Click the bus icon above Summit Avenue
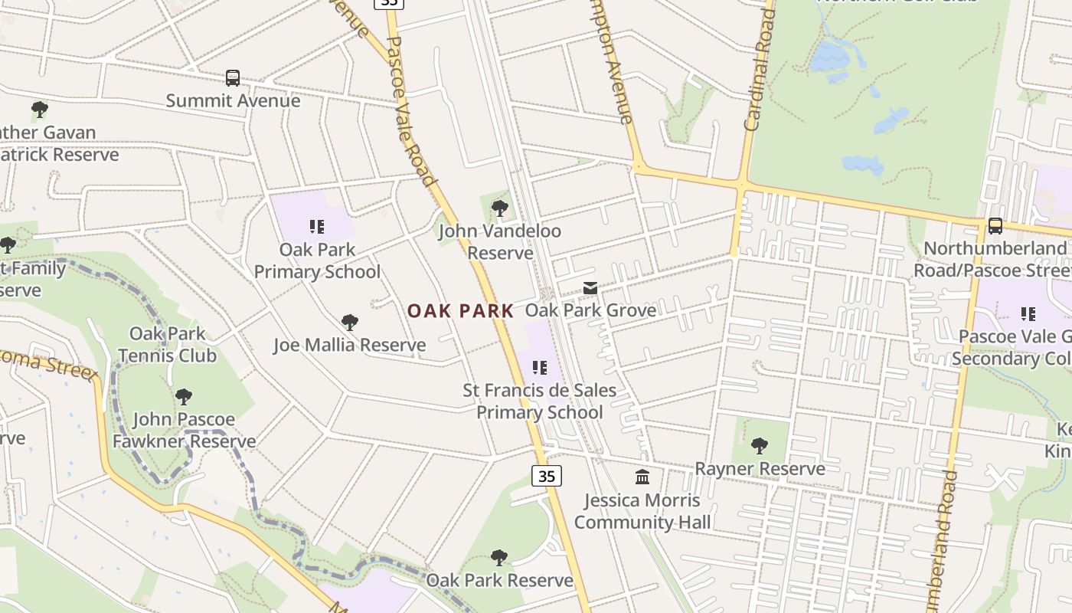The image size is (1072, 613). [233, 77]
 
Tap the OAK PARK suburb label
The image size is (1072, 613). [460, 311]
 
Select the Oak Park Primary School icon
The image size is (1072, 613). [317, 226]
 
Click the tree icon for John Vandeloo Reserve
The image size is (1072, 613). [500, 208]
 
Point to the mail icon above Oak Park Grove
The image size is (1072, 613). [590, 288]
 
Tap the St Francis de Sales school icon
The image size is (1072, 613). [540, 368]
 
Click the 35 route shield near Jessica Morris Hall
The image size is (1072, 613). [547, 476]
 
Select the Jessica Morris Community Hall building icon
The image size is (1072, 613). [642, 477]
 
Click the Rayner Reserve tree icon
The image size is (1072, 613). [760, 445]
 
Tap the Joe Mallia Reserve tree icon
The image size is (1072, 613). [350, 322]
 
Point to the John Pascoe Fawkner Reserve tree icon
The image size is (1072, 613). [183, 396]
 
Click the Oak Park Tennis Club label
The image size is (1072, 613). [167, 345]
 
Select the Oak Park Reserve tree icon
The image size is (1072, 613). [499, 557]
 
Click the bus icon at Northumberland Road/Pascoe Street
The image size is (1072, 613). [995, 225]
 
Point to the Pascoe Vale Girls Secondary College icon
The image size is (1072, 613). [1028, 313]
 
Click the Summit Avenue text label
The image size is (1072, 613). [233, 100]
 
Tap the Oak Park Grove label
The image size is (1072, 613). [590, 310]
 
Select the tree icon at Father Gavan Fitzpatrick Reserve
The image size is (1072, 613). [40, 110]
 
